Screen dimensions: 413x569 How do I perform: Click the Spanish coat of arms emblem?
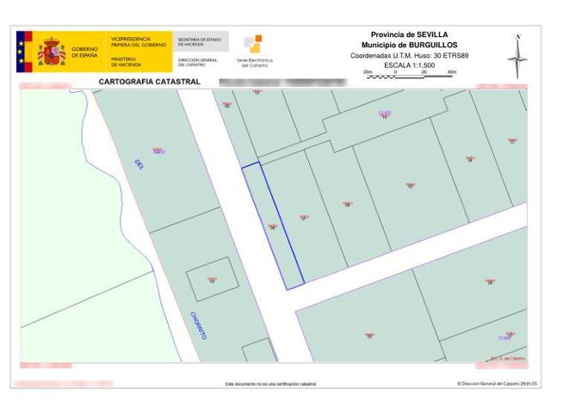tap(52, 51)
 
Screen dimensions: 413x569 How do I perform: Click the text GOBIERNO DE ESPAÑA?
tap(84, 52)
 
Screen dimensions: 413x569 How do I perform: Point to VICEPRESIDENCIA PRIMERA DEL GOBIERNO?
tap(131, 41)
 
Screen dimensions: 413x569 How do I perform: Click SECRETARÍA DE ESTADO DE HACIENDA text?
tap(199, 41)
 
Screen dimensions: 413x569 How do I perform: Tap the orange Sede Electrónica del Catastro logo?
tap(253, 45)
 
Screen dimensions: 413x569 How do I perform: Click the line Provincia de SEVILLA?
tap(410, 34)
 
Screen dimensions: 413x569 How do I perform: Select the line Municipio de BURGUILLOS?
tap(410, 44)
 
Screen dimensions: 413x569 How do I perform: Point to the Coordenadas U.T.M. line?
tap(410, 54)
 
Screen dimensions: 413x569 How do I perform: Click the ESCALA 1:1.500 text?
tap(410, 64)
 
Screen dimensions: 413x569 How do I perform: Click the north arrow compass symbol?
tap(517, 58)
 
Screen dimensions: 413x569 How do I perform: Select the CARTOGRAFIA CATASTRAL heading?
tap(150, 82)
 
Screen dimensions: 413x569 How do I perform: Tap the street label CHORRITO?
tap(198, 324)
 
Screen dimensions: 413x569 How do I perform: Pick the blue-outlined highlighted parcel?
tap(273, 225)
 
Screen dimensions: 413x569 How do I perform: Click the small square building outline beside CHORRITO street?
tap(211, 279)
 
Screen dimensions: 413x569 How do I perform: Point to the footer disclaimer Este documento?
tap(269, 384)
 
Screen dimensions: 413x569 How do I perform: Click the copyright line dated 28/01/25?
tap(497, 384)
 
